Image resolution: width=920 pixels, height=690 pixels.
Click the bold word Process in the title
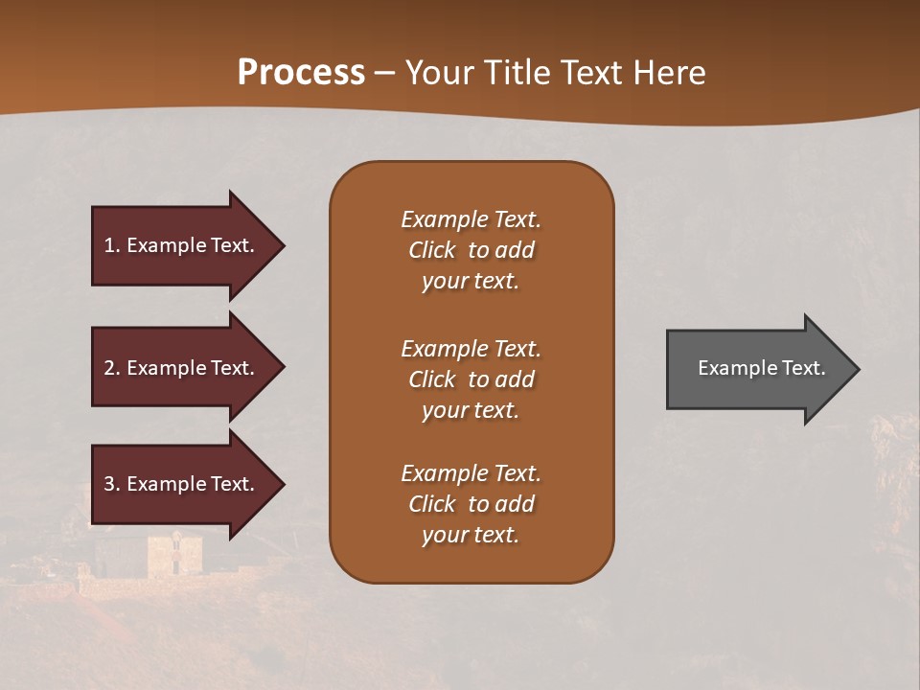pos(301,72)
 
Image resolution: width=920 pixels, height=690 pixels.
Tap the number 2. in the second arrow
pos(112,368)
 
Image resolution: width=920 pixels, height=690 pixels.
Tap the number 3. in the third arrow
pos(112,484)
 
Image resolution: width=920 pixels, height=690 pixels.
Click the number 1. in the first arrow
pos(112,245)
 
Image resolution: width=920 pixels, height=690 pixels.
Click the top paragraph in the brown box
pos(471,250)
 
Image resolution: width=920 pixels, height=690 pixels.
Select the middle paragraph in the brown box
pos(471,379)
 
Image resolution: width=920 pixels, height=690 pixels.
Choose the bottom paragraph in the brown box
pos(471,503)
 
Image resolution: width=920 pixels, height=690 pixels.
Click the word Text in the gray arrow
pos(804,368)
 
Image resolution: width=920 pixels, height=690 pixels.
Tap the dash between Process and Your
pos(385,73)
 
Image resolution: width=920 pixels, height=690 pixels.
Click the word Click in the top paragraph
pos(432,250)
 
